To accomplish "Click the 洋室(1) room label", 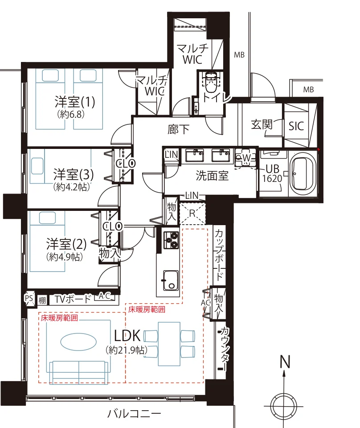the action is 75,102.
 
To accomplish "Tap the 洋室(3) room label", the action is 74,174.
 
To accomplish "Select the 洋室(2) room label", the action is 66,244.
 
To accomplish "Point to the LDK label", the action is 127,336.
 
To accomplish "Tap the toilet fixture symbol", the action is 211,82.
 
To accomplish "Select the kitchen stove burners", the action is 171,240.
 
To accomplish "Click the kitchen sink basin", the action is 171,280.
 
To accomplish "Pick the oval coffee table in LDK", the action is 78,342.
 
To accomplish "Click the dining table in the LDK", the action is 169,344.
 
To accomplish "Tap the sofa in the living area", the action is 78,373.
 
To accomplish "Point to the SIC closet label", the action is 296,126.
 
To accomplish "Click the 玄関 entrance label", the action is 262,124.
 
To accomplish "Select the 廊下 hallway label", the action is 178,129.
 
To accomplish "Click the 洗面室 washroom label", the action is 212,176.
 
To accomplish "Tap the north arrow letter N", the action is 285,362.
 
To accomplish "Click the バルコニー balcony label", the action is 134,414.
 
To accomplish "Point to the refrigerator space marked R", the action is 192,213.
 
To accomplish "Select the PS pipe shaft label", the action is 29,298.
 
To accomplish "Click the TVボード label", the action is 73,299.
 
